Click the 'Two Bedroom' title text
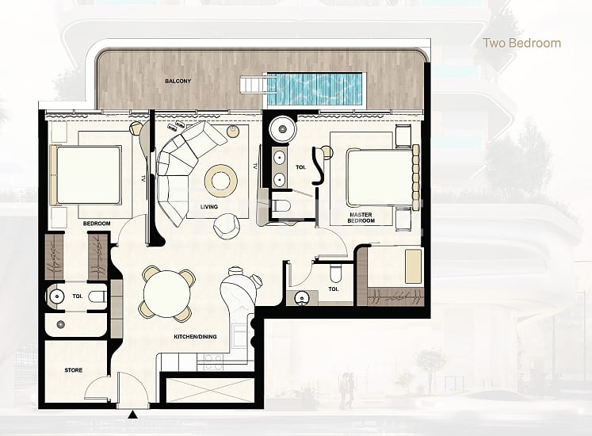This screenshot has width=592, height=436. coord(522,43)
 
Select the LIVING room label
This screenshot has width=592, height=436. coord(209,207)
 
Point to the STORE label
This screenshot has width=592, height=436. coord(74,370)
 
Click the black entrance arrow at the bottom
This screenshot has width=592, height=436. coord(132,413)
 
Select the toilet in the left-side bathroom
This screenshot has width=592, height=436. coord(96,297)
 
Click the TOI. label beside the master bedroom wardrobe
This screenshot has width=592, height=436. coord(334,289)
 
